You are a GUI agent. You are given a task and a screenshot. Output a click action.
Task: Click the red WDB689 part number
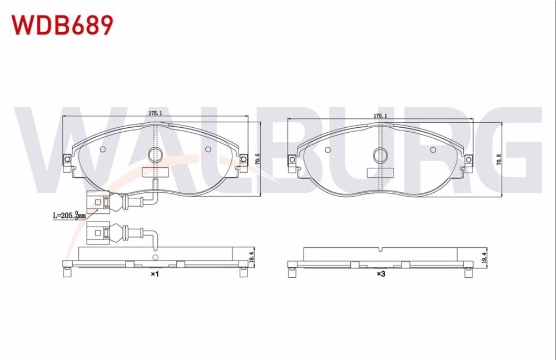(x=62, y=24)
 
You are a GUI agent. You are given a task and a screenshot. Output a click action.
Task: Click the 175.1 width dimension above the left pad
(x=155, y=113)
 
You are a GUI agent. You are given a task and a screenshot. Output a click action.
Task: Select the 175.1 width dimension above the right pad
(x=380, y=116)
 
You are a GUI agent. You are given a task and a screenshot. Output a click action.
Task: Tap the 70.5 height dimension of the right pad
(x=499, y=159)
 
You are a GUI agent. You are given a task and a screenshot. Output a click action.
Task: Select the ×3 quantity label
(x=381, y=274)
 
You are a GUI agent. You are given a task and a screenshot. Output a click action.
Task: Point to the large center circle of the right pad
(x=380, y=156)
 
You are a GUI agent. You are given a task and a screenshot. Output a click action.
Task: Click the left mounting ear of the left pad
(x=67, y=161)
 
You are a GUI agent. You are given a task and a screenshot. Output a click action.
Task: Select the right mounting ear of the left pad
(x=243, y=161)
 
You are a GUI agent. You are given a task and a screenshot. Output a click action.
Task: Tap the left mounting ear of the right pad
(x=292, y=162)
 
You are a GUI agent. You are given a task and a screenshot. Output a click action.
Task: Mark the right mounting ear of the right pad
(x=468, y=162)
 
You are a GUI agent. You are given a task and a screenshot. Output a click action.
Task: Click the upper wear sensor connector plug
(x=97, y=201)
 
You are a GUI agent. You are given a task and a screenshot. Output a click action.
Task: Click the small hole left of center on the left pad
(x=102, y=149)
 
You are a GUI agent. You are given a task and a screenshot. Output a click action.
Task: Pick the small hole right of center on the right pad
(x=433, y=149)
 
